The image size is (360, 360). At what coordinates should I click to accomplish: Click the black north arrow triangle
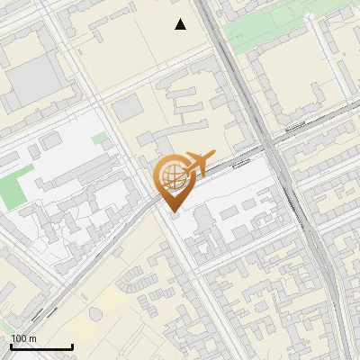click(x=181, y=24)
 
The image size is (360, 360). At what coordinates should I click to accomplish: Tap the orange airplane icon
click(x=197, y=163)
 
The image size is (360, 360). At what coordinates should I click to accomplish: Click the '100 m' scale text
click(x=24, y=338)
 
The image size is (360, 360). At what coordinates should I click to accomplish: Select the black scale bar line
click(x=41, y=346)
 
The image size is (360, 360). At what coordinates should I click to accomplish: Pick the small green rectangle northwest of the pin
click(x=100, y=139)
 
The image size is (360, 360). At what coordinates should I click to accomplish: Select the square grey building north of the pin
click(x=128, y=108)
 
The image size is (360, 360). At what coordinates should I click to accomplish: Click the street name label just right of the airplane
click(x=239, y=164)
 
